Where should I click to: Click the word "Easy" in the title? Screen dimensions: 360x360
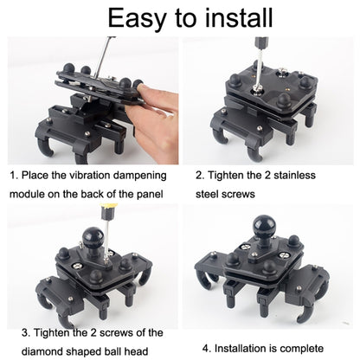point(136,19)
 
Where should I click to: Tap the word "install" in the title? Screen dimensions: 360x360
point(239,18)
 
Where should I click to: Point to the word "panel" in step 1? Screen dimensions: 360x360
point(150,195)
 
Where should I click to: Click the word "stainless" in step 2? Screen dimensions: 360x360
point(294,175)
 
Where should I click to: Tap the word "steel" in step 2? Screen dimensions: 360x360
point(206,194)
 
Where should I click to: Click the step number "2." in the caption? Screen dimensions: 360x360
point(200,176)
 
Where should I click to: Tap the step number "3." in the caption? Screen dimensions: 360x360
point(26,333)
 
